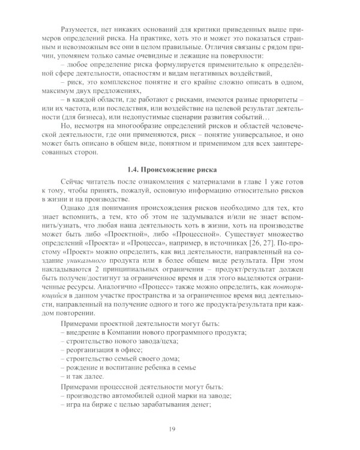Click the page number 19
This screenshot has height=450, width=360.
click(180, 430)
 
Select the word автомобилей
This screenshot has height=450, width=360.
click(143, 396)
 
